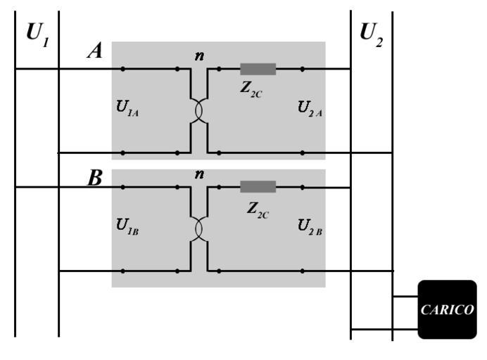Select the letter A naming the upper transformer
[x=95, y=51]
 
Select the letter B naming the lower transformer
[x=95, y=178]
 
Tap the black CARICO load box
[x=447, y=309]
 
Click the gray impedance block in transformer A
[x=258, y=69]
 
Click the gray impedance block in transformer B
[x=258, y=186]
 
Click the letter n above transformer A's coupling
[x=200, y=56]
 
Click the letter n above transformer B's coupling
[x=200, y=173]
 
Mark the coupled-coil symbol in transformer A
[x=199, y=110]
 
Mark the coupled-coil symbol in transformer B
[x=199, y=229]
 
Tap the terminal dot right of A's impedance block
[x=303, y=69]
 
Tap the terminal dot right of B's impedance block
[x=303, y=187]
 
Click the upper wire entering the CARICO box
[x=405, y=297]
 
